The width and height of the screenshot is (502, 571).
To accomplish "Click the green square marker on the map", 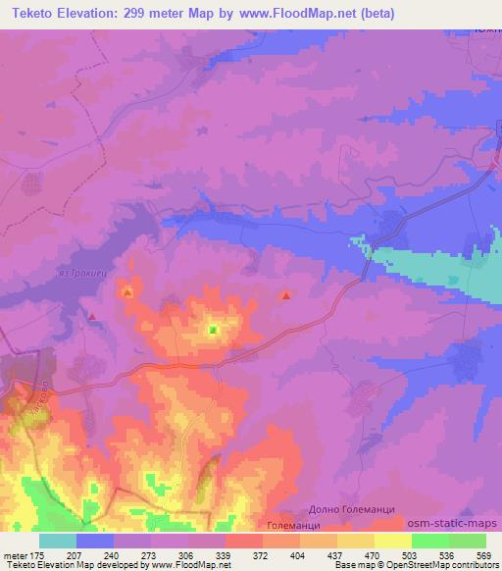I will tap(213, 331).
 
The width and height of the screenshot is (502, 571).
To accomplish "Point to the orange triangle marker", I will tap(126, 291).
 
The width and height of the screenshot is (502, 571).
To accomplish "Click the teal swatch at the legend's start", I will tap(58, 541).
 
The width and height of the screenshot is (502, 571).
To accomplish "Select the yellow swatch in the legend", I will tap(393, 541).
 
